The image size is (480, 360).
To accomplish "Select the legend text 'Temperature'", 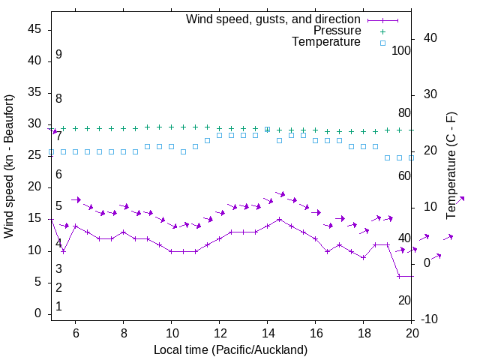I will coord(326,42).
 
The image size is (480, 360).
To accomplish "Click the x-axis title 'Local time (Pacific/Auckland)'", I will coord(230,349).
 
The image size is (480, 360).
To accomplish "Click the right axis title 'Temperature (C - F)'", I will coord(451,166).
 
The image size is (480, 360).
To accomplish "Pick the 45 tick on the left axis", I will coord(34,29).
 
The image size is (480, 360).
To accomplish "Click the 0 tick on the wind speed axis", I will coord(38,313).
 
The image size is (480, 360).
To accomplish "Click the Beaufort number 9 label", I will coord(58,55).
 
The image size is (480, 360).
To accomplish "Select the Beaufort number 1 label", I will coord(58,307).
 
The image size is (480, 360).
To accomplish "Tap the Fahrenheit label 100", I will coord(401,50).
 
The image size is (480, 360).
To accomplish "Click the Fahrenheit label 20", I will coord(404,300).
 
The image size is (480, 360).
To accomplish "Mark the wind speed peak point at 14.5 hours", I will coord(280,220).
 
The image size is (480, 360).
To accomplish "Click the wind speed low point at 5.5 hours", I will coord(64,251).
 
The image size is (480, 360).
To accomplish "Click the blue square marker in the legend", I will coord(382,43).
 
